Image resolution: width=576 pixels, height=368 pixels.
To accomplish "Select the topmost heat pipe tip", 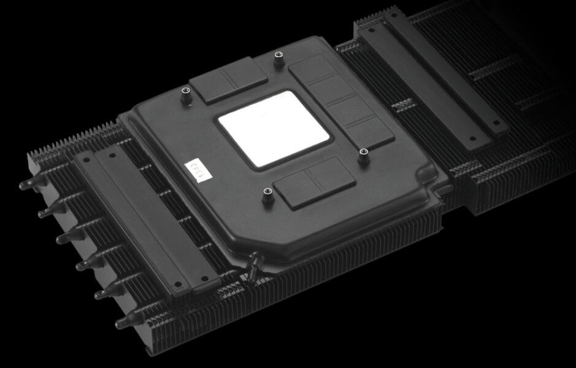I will (25, 185).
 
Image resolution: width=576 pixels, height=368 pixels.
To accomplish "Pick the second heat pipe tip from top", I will (43, 213).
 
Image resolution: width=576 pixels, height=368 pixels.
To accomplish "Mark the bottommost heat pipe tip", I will (121, 323).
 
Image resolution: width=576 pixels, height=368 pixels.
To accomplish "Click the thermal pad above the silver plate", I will (228, 80).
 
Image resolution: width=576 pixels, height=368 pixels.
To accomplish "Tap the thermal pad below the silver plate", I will (315, 182).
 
